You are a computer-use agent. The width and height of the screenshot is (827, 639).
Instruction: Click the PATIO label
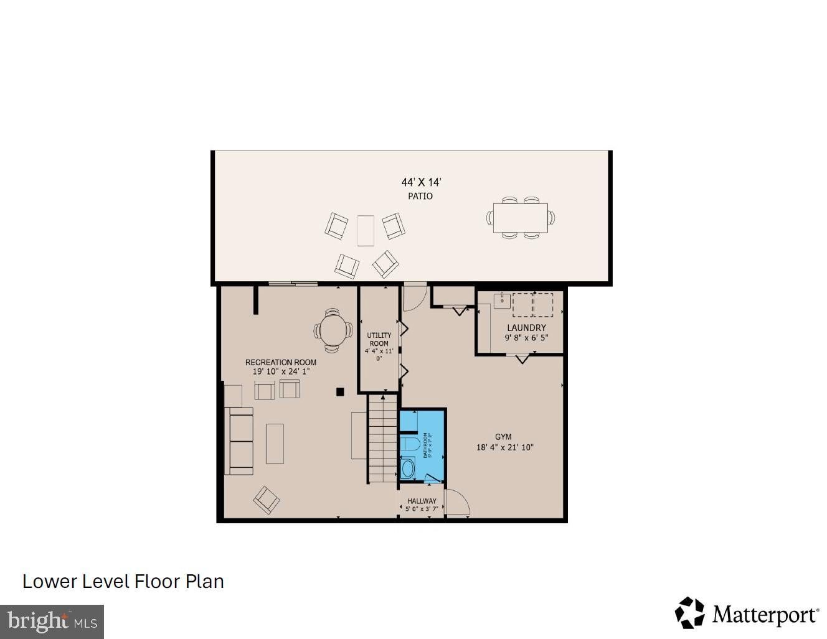[x=420, y=196]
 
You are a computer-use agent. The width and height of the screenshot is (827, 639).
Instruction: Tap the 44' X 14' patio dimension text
[x=421, y=182]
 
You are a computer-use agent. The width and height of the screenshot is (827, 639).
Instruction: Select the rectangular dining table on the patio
[x=520, y=217]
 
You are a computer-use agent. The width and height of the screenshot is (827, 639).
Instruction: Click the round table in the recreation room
[x=333, y=330]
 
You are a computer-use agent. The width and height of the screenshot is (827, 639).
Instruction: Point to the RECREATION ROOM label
[x=281, y=362]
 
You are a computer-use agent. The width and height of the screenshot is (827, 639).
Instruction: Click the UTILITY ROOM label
[x=379, y=339]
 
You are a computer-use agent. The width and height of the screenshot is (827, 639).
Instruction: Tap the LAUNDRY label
[x=526, y=328]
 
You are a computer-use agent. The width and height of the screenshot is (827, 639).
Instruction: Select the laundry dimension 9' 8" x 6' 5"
[x=526, y=338]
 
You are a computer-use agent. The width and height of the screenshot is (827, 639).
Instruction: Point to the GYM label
[x=503, y=437]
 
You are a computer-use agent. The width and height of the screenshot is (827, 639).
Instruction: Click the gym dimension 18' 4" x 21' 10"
[x=505, y=447]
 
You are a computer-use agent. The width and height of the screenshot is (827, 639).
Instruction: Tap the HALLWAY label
[x=422, y=501]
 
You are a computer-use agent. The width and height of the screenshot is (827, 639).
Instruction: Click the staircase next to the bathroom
[x=382, y=439]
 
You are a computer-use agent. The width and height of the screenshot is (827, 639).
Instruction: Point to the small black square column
[x=340, y=392]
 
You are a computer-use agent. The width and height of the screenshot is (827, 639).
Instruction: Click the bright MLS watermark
[x=52, y=622]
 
